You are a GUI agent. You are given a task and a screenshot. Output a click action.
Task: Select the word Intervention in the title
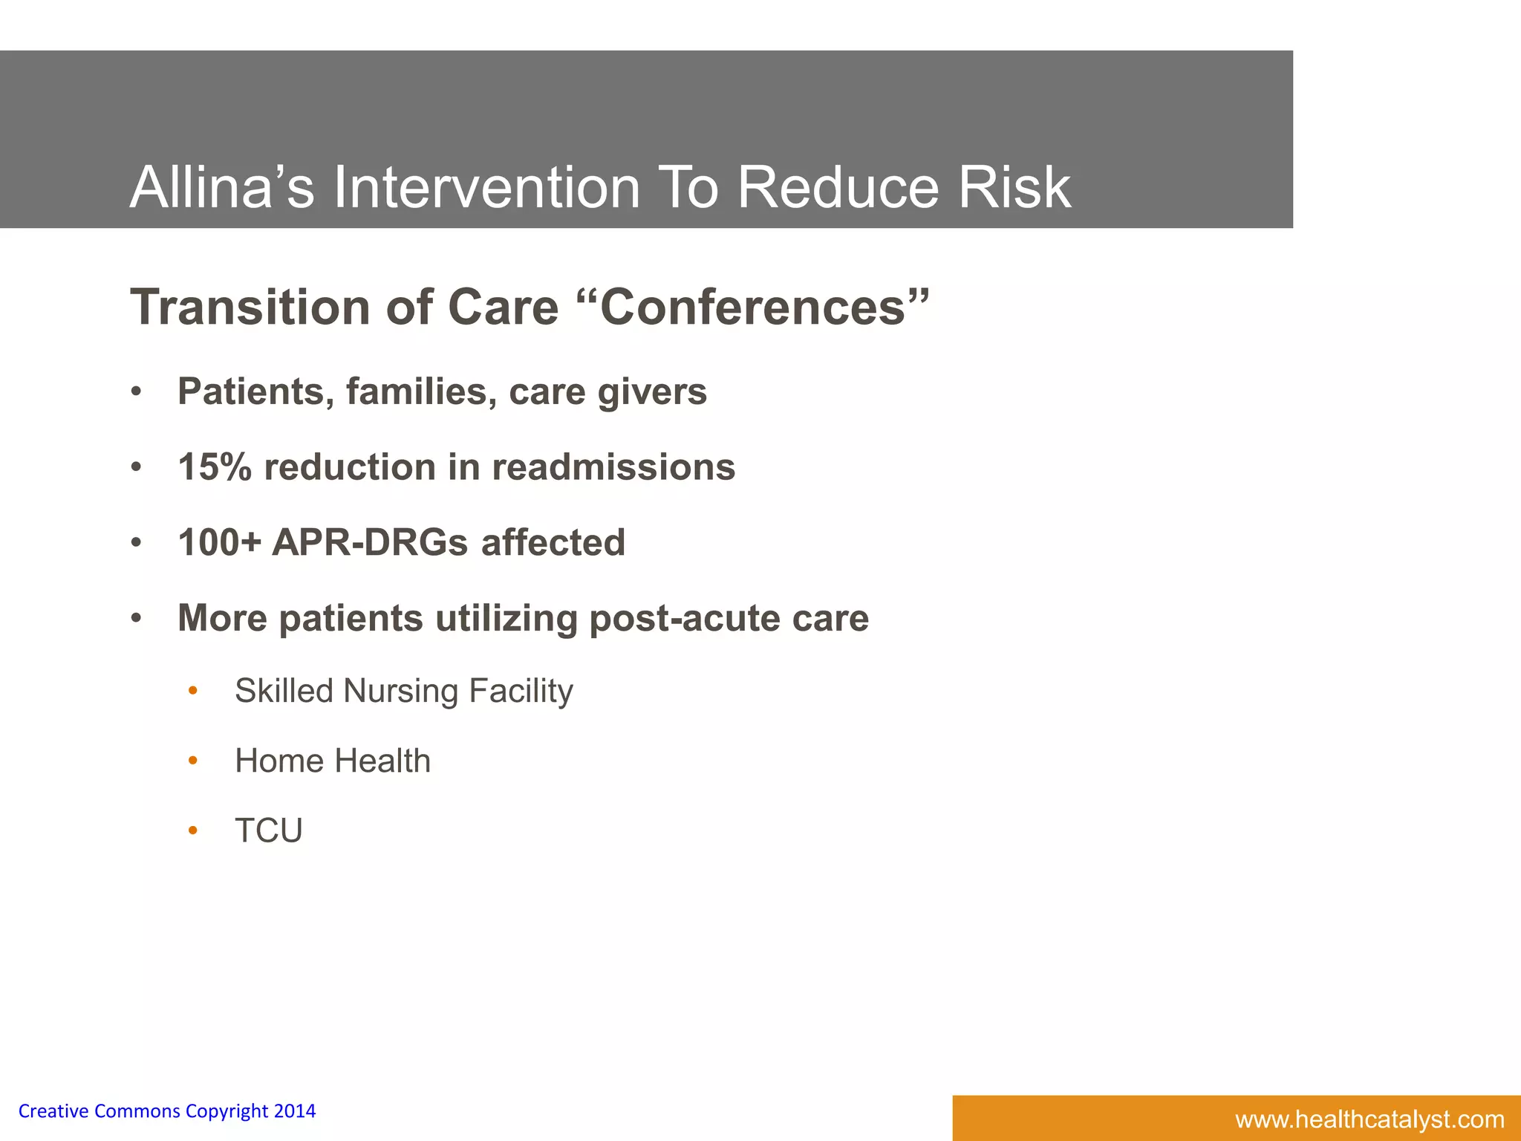(x=486, y=187)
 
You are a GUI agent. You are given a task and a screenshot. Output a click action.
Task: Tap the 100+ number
(x=220, y=542)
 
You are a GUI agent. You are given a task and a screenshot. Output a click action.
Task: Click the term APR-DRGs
(x=370, y=542)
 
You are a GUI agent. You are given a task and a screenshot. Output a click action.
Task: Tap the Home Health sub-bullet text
(x=333, y=761)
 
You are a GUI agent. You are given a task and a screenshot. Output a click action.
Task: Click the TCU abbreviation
(x=269, y=830)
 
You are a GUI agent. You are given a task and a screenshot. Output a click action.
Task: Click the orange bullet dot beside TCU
(x=193, y=830)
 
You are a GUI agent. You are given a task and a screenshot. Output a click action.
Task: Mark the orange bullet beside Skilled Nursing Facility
(x=193, y=691)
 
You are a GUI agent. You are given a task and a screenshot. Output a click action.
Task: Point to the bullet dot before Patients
(x=136, y=392)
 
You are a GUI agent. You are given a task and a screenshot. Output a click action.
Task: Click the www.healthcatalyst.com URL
(x=1369, y=1119)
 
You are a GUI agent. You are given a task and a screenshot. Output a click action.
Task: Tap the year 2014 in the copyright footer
(x=295, y=1111)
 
